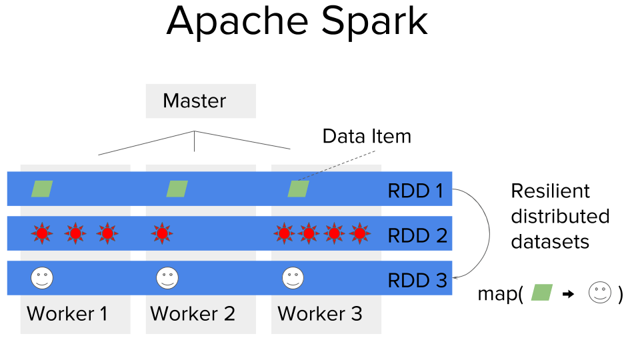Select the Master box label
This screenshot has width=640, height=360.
195,101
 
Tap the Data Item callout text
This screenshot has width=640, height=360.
367,137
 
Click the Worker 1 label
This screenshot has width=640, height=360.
67,313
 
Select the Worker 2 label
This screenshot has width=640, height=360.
193,313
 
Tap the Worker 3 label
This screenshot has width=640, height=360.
320,313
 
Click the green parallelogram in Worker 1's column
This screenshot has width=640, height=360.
42,189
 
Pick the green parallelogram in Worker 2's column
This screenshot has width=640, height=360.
177,189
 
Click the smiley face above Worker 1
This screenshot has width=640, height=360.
42,277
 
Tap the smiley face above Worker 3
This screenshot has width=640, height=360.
293,277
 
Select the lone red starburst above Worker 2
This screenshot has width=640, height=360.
161,233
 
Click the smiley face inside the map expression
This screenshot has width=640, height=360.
599,293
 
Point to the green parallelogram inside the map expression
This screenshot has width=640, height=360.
542,292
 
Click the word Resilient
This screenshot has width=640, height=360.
550,191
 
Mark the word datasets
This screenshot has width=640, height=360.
550,241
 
